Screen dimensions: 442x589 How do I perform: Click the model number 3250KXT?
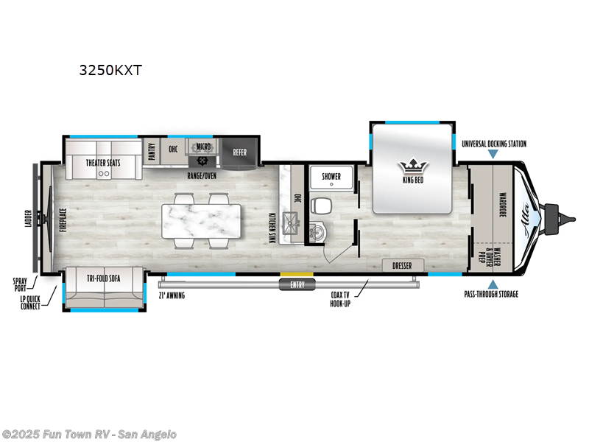(110, 71)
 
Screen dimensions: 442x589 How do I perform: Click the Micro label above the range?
(204, 147)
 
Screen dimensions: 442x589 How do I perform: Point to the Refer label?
(240, 152)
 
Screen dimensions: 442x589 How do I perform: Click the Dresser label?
(402, 265)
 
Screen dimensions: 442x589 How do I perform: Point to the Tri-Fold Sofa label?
(104, 278)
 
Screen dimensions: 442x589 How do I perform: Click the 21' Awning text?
(172, 295)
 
